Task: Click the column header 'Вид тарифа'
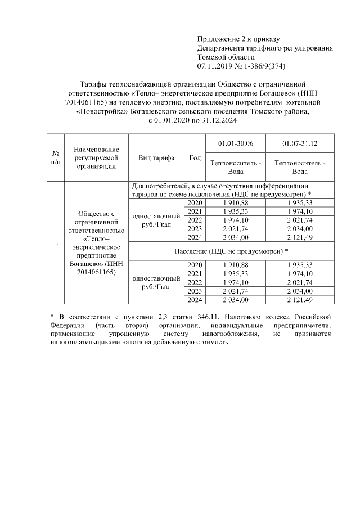click(x=156, y=158)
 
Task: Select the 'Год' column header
click(x=195, y=158)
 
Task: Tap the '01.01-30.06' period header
click(x=235, y=144)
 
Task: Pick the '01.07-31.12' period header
click(x=299, y=144)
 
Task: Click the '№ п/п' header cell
click(x=56, y=158)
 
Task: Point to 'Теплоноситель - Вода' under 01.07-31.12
click(x=299, y=167)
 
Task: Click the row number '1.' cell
click(x=56, y=243)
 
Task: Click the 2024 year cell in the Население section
click(x=195, y=300)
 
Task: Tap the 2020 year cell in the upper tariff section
click(x=195, y=202)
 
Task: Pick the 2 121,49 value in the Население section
click(x=299, y=300)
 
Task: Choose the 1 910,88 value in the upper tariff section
click(x=235, y=202)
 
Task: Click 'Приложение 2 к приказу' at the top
click(x=238, y=39)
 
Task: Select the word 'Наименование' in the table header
click(x=97, y=150)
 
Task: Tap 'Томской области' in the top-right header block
click(x=226, y=57)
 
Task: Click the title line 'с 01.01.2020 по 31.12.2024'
click(x=193, y=120)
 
